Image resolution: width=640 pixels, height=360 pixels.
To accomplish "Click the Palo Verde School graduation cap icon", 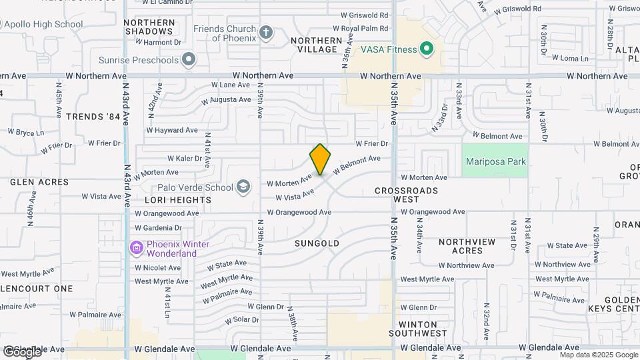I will pos(243,187).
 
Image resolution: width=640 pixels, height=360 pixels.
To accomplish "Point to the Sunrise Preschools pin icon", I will pos(189,60).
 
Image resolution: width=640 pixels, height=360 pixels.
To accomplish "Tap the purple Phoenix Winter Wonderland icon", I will pos(137,249).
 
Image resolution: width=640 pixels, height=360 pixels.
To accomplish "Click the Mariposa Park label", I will pos(496,161).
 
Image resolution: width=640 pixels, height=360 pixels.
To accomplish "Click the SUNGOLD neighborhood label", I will pos(317,244).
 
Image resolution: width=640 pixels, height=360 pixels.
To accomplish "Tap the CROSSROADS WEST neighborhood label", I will pos(406,195).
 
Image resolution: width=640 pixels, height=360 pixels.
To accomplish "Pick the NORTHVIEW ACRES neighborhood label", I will pos(467,246).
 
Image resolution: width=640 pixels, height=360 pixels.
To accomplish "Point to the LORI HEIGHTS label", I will pos(178,199).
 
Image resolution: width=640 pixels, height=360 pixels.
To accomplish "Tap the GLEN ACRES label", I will pos(39,181).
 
